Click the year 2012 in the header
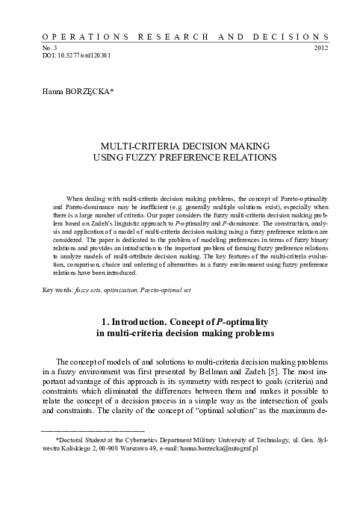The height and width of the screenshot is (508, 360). pyautogui.click(x=321, y=47)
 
